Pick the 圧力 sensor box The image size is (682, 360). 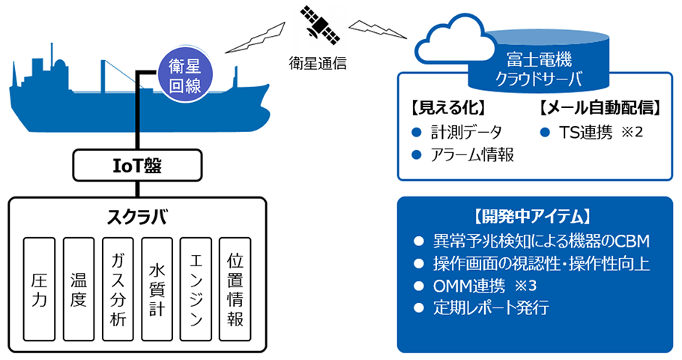click(x=40, y=289)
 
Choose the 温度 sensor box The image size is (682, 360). click(x=79, y=289)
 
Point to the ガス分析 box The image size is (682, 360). click(x=118, y=289)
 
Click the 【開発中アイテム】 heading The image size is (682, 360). click(x=533, y=217)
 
